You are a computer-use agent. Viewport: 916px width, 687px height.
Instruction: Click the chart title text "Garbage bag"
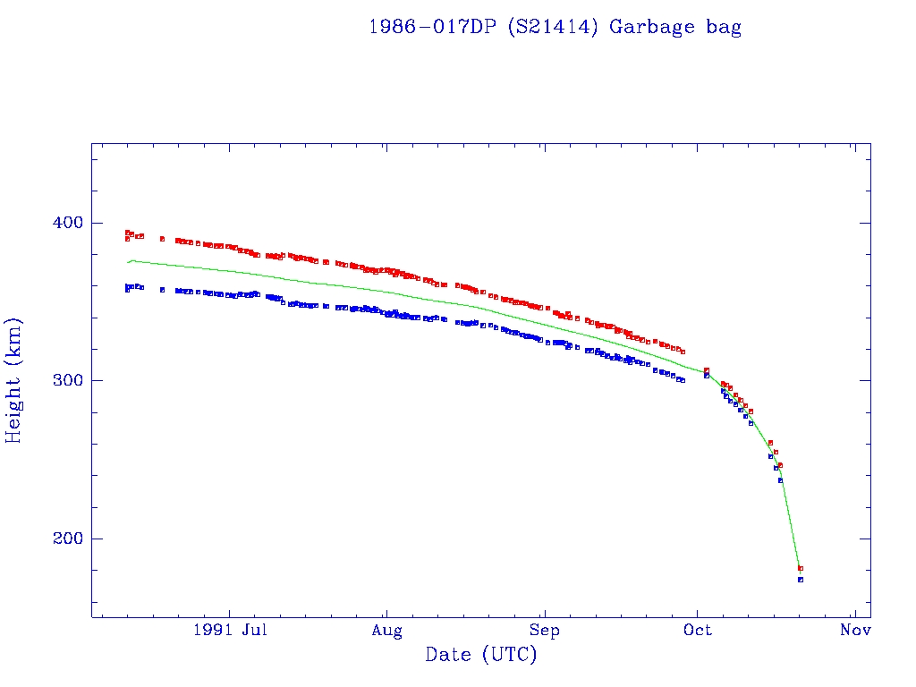tap(675, 27)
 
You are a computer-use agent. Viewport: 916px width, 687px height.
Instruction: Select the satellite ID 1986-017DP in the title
tap(433, 27)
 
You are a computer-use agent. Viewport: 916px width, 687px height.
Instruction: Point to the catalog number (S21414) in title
tap(554, 27)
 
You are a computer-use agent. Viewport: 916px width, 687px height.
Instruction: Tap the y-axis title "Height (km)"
tap(13, 380)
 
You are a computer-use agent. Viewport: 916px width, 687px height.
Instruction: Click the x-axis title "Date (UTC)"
tap(481, 655)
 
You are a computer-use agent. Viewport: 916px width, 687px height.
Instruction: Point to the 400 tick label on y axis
tap(63, 223)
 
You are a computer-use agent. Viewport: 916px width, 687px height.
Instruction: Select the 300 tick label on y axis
tap(63, 380)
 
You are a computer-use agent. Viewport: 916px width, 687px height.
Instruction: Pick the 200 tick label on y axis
tap(63, 539)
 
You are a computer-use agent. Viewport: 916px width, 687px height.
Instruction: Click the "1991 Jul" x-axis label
tap(229, 631)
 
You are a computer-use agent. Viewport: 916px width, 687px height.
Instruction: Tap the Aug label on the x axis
tap(386, 631)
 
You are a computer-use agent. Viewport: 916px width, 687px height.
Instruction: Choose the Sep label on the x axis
tap(544, 631)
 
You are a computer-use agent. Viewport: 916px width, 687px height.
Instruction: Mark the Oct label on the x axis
tap(698, 631)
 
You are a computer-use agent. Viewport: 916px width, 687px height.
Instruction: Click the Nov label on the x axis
tap(855, 631)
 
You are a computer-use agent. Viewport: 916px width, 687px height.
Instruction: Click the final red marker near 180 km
tap(801, 568)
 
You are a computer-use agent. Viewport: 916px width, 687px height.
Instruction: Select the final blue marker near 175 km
tap(801, 580)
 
